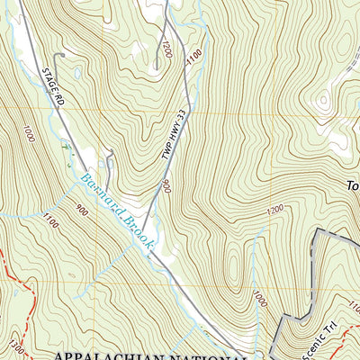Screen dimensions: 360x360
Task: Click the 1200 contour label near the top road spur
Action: point(166,47)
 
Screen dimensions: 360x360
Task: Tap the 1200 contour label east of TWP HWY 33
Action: point(275,209)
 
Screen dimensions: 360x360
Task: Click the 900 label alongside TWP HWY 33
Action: point(166,185)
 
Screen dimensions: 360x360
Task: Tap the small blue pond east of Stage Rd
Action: point(79,71)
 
